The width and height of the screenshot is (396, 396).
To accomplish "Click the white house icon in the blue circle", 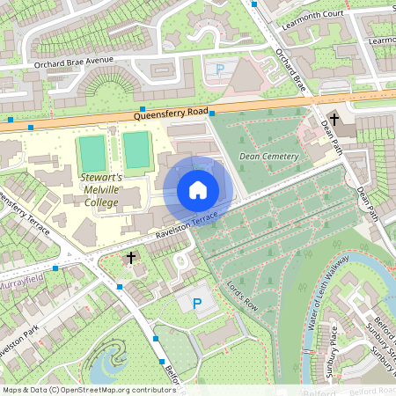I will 198,190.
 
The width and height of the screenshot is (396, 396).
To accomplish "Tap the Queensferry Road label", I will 172,114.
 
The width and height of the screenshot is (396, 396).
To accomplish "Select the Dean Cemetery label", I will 268,157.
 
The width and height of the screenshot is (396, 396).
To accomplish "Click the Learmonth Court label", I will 311,13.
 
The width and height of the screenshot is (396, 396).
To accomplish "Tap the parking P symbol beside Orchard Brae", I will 219,68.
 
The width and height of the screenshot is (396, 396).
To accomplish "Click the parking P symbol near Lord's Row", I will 197,304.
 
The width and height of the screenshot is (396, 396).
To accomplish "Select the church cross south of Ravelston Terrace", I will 131,258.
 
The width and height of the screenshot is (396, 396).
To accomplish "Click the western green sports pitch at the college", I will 92,153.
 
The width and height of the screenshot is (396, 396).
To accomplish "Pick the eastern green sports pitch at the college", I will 136,151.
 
